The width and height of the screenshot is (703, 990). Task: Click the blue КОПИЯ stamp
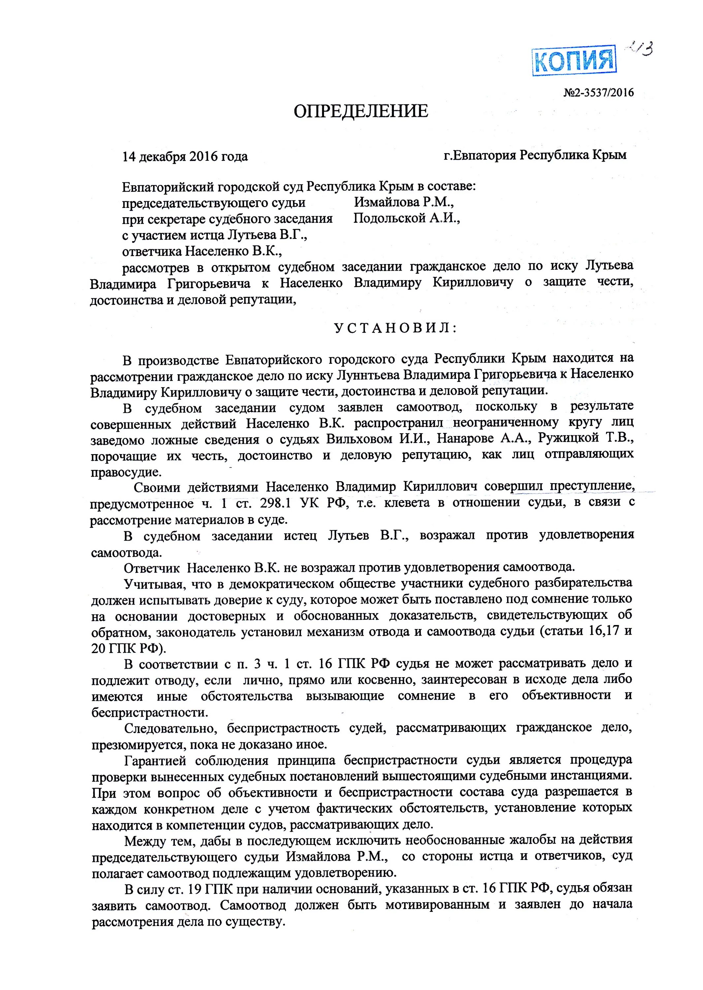pyautogui.click(x=574, y=61)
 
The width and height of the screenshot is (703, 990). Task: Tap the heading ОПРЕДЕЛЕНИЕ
pyautogui.click(x=361, y=112)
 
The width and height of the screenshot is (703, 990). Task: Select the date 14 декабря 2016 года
pyautogui.click(x=185, y=156)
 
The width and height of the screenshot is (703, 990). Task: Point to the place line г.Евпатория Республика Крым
pyautogui.click(x=535, y=155)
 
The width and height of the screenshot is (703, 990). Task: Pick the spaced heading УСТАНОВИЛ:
pyautogui.click(x=396, y=328)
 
